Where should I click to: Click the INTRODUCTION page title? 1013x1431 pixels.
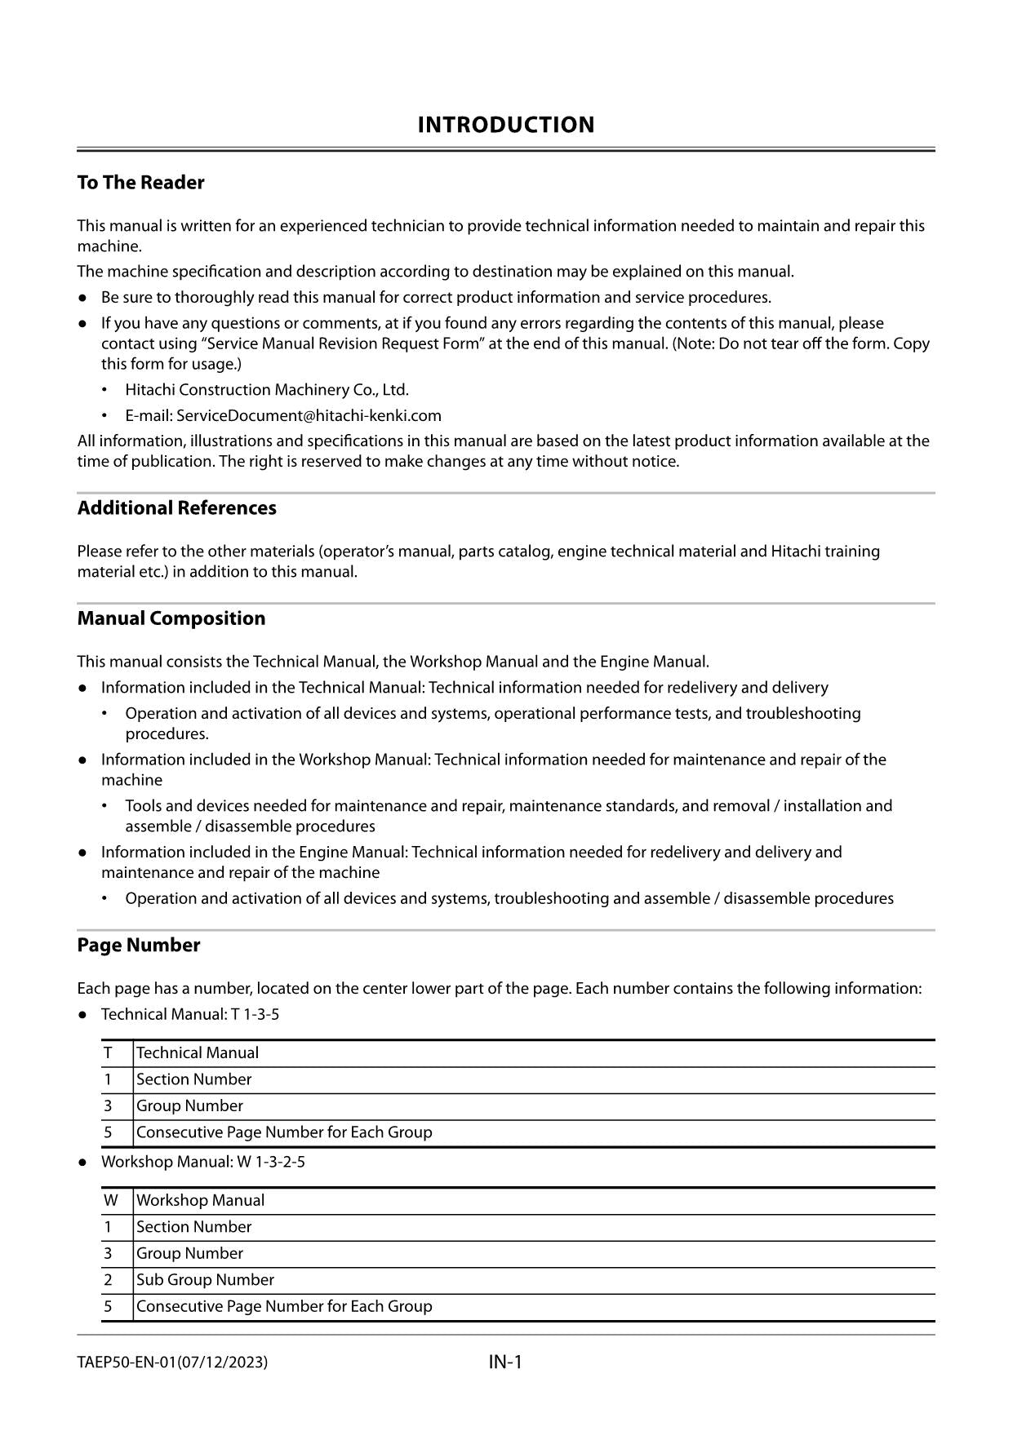pos(505,125)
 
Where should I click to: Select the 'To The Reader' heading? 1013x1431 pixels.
pos(140,183)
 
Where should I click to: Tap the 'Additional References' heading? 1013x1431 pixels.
pos(176,508)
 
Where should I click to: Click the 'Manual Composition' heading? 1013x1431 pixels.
pos(171,618)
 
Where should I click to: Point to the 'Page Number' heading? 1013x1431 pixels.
pos(138,946)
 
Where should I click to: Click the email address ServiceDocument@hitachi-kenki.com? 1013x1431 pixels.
pos(309,415)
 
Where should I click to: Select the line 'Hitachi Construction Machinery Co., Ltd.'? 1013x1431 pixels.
pos(266,390)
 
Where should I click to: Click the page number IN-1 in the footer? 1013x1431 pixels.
pos(504,1362)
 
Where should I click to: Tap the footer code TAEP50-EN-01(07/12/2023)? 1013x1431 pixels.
pos(172,1362)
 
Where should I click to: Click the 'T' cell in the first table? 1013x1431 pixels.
pos(108,1053)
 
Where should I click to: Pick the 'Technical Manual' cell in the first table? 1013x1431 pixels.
pos(198,1053)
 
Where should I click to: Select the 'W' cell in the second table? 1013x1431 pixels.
pos(110,1201)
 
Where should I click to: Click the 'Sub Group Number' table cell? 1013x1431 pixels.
pos(205,1280)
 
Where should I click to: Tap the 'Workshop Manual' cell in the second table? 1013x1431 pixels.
pos(200,1201)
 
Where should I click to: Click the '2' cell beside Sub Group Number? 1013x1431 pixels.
pos(108,1280)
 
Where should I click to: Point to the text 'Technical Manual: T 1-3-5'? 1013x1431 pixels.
pos(189,1015)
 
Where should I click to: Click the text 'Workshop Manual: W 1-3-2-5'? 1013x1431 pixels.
pos(202,1162)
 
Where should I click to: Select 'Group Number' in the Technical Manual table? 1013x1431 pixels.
pos(189,1106)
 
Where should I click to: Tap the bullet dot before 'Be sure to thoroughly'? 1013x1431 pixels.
pos(82,298)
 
